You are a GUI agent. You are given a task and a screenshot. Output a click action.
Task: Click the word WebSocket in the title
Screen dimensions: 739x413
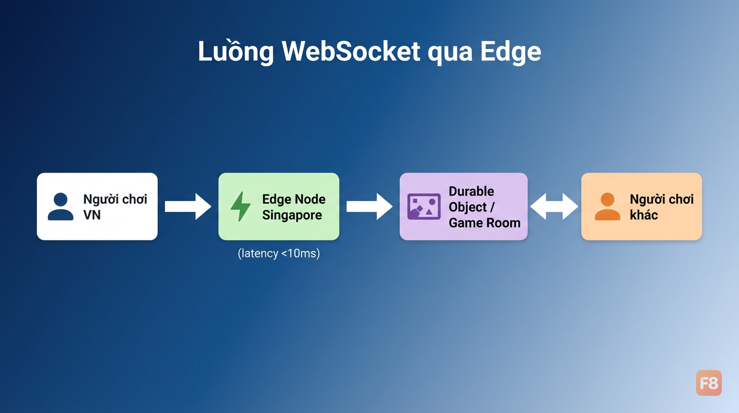point(351,51)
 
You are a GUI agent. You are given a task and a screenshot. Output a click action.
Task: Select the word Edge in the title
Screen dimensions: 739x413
point(511,52)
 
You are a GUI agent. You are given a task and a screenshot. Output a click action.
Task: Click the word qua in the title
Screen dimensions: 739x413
point(450,54)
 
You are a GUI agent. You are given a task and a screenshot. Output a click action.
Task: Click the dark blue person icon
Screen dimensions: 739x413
point(60,206)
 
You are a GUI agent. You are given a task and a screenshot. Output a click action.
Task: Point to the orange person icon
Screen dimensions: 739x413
point(607,206)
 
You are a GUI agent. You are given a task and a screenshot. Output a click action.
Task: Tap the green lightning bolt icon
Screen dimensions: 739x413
point(240,206)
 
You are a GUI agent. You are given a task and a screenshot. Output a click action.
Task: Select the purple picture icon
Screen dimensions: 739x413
point(424,206)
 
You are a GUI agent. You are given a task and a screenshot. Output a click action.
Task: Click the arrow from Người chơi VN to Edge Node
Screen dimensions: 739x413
point(188,206)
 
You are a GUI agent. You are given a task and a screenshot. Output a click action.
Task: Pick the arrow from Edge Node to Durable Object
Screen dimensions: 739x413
point(369,206)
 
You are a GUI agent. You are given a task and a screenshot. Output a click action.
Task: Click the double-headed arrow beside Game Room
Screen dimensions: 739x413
point(554,206)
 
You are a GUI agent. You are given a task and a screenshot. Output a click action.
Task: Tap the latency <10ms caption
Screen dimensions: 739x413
point(279,253)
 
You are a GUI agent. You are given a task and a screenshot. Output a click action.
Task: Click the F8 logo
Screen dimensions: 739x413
point(708,383)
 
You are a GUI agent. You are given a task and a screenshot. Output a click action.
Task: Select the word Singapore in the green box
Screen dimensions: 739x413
point(292,216)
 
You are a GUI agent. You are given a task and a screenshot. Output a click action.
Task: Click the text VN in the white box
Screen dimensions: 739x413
point(92,215)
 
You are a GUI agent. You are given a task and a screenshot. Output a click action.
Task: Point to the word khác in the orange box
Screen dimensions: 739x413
point(643,215)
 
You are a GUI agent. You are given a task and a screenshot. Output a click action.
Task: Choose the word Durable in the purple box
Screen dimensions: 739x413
point(472,191)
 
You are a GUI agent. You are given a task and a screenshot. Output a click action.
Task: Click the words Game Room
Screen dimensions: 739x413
point(484,223)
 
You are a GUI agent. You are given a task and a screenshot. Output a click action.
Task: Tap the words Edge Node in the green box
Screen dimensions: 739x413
point(294,199)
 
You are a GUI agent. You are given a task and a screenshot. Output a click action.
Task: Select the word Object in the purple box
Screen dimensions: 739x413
point(467,208)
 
